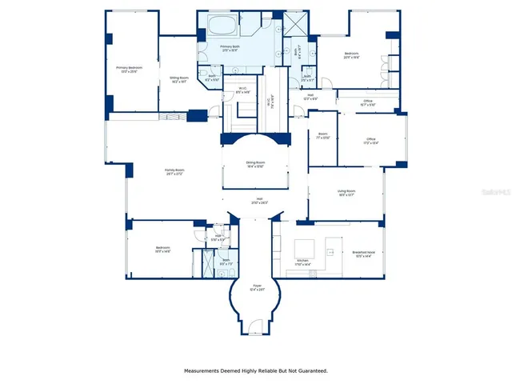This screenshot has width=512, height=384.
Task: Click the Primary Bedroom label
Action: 134,70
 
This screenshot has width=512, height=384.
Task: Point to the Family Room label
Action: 174,171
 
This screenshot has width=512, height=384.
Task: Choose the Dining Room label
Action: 255,164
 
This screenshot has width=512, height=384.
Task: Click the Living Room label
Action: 346,192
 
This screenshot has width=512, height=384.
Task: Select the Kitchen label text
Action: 302,262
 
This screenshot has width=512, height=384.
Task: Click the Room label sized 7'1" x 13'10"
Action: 322,135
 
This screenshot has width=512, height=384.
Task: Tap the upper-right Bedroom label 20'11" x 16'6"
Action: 351,56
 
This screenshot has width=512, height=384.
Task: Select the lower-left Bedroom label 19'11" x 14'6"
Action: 162,250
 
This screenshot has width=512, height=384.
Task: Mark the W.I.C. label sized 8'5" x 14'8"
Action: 242,90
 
